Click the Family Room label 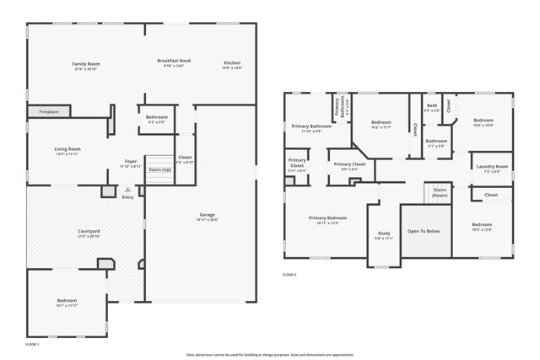pos(86,63)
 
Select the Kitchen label pos(231,63)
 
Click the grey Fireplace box pos(48,111)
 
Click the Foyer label pos(131,161)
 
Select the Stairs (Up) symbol pos(159,169)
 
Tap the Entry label pos(127,197)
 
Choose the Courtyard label pos(89,231)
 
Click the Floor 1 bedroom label pos(67,300)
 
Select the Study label pos(383,234)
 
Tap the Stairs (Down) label pos(440,192)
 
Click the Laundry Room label pos(490,167)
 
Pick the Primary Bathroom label pos(310,126)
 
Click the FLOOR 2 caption pos(289,275)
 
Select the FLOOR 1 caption pos(33,344)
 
